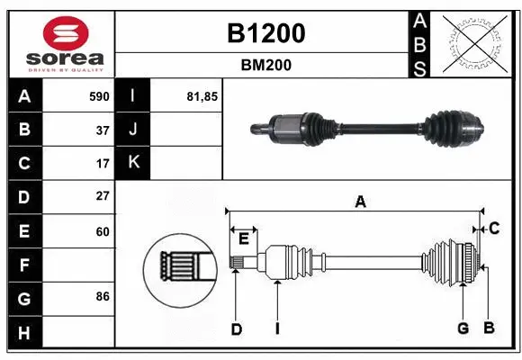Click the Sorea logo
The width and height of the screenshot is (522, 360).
point(59,43)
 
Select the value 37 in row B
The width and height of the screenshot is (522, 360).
point(102,130)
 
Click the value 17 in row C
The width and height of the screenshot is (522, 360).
point(102,164)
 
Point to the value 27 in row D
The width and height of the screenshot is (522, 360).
point(102,196)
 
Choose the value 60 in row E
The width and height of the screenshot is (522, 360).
point(102,231)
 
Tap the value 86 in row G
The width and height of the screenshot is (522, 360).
point(102,296)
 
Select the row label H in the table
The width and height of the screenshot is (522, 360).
point(23,333)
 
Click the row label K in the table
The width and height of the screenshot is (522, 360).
point(133,163)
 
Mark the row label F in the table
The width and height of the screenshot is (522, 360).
point(23,265)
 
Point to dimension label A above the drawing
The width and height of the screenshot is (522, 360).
point(360,202)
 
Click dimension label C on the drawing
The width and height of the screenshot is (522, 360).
point(494,229)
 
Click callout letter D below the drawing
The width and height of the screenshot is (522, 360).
point(236,329)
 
